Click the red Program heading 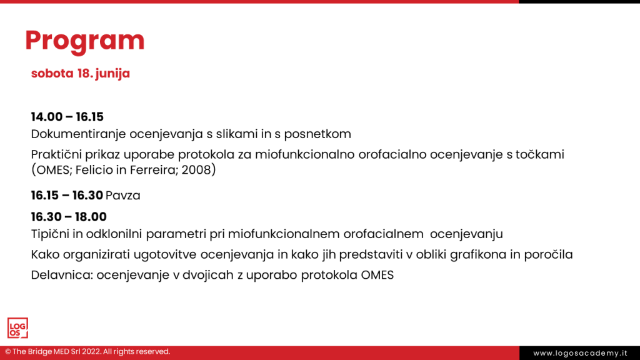pyautogui.click(x=84, y=41)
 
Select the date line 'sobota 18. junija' pyautogui.click(x=81, y=73)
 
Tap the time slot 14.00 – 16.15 pyautogui.click(x=67, y=117)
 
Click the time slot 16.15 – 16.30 pyautogui.click(x=67, y=196)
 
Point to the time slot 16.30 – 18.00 pyautogui.click(x=69, y=217)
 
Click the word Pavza pyautogui.click(x=123, y=196)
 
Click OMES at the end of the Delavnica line pyautogui.click(x=377, y=275)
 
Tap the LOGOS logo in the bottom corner pyautogui.click(x=17, y=327)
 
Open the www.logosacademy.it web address pyautogui.click(x=579, y=353)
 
